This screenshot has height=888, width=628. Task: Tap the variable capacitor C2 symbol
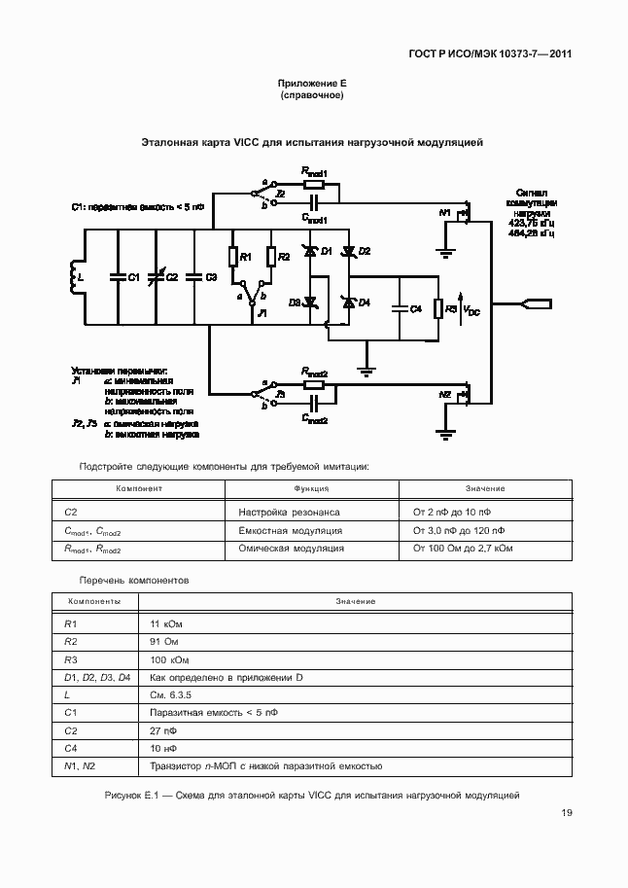156,277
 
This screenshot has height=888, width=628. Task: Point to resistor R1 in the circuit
233,257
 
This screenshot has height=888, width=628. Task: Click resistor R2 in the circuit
271,257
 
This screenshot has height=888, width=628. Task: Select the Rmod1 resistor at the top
314,183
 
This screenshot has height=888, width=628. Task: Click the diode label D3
296,302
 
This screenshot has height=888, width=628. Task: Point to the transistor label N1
445,211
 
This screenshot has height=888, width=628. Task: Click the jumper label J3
280,397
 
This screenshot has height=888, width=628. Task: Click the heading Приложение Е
312,85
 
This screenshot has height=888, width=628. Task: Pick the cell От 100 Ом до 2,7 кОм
463,549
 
